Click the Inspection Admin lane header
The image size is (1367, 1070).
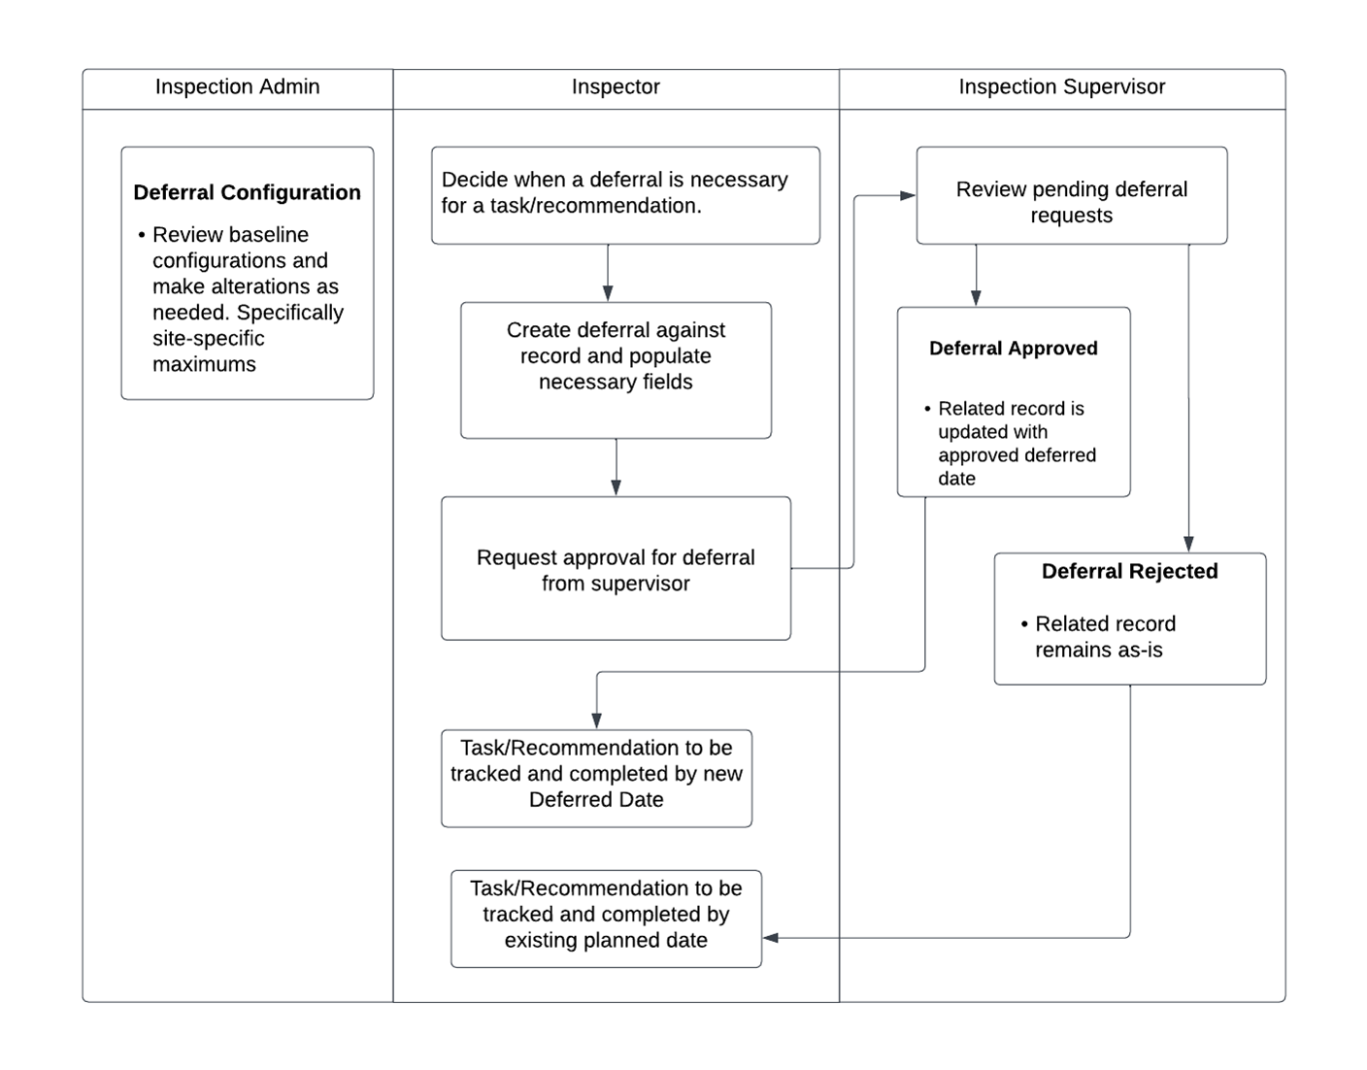point(237,86)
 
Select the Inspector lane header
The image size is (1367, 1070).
point(616,86)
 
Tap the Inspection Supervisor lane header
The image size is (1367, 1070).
point(1062,86)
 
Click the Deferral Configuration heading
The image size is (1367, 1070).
point(248,192)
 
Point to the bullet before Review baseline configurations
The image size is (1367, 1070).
point(142,235)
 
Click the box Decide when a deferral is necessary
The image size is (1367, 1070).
point(625,195)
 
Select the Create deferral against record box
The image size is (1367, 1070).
point(616,371)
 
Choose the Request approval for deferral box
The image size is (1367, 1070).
point(616,569)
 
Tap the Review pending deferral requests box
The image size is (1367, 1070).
point(1071,195)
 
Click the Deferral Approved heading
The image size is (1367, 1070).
point(1014,349)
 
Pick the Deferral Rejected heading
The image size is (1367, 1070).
point(1130,571)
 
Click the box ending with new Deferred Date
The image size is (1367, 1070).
point(596,779)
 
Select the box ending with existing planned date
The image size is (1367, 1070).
point(606,920)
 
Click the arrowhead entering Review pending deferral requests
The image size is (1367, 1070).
point(908,195)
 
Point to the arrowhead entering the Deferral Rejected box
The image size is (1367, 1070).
point(1188,544)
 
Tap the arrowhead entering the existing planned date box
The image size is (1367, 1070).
point(770,938)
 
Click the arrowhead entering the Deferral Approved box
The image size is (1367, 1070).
point(976,298)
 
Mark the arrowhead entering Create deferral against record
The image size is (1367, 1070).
point(608,294)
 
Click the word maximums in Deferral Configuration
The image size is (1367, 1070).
point(205,365)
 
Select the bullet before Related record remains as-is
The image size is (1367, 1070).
point(1025,624)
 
